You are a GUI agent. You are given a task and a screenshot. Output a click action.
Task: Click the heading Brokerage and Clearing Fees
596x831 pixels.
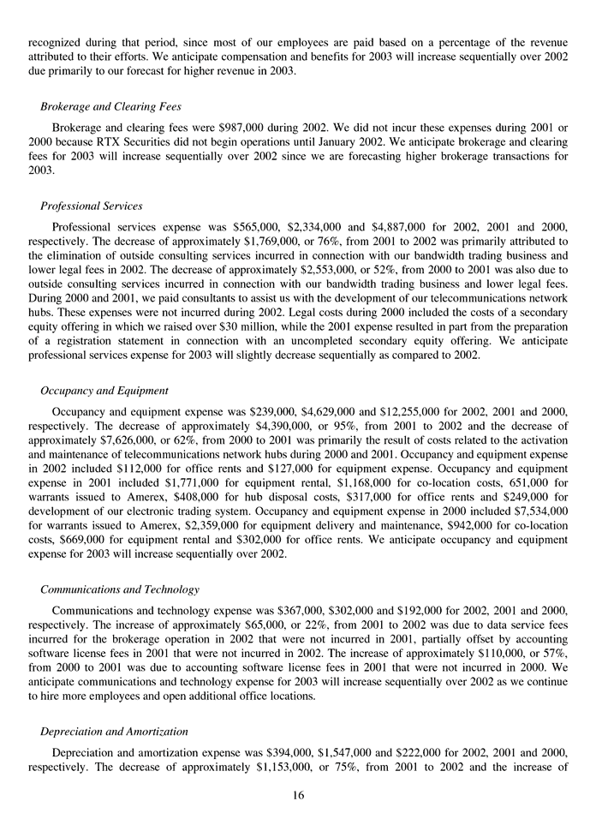(110, 107)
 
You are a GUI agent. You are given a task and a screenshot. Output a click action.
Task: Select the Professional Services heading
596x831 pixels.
(91, 206)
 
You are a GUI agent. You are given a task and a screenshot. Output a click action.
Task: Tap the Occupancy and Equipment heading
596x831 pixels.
(104, 390)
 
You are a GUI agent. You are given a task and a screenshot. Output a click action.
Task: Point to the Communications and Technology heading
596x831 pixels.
(120, 590)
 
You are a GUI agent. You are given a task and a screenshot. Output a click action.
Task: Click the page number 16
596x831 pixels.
(298, 796)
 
